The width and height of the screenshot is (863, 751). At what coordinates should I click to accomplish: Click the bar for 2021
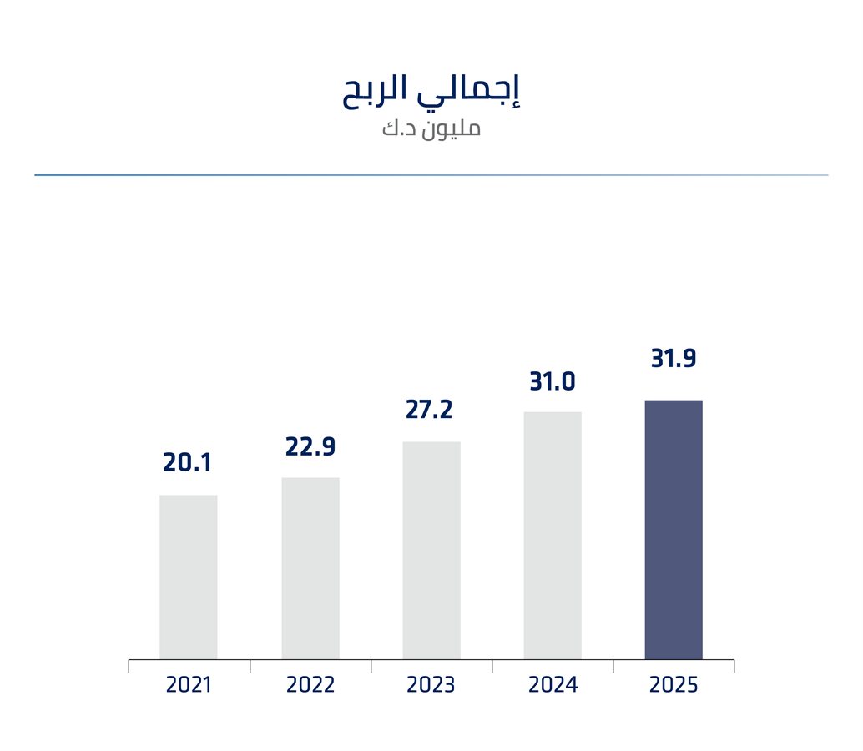point(189,577)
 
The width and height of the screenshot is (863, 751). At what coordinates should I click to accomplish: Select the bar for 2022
point(310,568)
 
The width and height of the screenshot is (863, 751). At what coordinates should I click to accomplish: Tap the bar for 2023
point(431,551)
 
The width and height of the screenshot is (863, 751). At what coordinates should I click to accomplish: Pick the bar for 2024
point(553,536)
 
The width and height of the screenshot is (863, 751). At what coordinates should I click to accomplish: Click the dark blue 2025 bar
point(674,530)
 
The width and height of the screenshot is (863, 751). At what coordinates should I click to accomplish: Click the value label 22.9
point(310,446)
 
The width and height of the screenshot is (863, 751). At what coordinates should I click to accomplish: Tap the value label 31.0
point(553,382)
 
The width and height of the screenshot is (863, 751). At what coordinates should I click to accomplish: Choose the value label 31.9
point(674,359)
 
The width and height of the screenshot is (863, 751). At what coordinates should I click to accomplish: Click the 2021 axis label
point(189,685)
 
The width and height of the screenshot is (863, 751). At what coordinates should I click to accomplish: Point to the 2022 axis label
point(310,685)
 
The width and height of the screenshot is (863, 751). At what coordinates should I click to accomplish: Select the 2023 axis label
point(431,685)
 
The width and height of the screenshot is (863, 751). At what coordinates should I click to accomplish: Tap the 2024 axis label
point(553,685)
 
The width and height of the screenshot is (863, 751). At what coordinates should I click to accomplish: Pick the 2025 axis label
point(674,685)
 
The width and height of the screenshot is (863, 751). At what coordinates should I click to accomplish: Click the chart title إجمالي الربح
point(431,91)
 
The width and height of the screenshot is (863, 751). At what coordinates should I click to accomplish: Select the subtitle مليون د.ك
point(431,129)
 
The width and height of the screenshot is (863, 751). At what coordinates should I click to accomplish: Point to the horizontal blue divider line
point(431,175)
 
